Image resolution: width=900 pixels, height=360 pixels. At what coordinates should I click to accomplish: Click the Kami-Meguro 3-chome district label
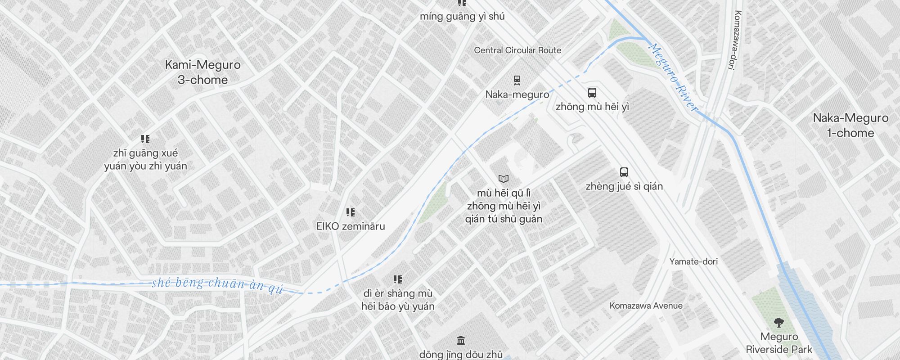[x=202, y=72]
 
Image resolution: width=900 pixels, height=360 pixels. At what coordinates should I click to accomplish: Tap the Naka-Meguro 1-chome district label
[x=850, y=126]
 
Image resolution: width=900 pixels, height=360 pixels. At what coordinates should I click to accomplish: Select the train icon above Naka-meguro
[x=517, y=81]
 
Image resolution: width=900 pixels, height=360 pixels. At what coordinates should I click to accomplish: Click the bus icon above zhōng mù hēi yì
[x=592, y=93]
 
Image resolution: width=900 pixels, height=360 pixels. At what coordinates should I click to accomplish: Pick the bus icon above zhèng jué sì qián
[x=624, y=172]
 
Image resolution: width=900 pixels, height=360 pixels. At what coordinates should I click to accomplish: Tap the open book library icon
[x=504, y=179]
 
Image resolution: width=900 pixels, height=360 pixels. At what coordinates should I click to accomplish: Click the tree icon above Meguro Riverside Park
[x=779, y=323]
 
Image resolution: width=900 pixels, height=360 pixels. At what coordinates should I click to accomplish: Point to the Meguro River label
[x=674, y=77]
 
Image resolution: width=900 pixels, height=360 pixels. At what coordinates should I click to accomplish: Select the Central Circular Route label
[x=517, y=50]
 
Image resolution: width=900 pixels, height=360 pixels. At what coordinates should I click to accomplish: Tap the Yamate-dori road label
[x=693, y=261]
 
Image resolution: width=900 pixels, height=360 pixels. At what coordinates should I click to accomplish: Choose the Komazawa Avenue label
[x=646, y=306]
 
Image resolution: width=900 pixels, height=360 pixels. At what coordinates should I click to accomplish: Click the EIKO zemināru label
[x=351, y=226]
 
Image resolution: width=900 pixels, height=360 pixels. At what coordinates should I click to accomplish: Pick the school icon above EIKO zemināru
[x=351, y=212]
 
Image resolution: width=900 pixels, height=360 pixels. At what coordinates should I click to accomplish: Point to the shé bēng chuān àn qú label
[x=218, y=284]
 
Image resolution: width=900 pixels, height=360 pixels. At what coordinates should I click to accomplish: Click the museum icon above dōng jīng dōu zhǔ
[x=460, y=340]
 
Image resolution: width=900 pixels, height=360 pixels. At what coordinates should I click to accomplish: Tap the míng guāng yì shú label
[x=462, y=17]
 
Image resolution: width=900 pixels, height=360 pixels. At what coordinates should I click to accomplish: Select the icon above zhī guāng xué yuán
[x=145, y=139]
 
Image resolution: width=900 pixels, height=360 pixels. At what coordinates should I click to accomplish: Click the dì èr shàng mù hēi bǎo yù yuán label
[x=398, y=300]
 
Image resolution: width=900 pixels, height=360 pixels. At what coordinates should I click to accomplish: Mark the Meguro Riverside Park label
[x=779, y=343]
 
